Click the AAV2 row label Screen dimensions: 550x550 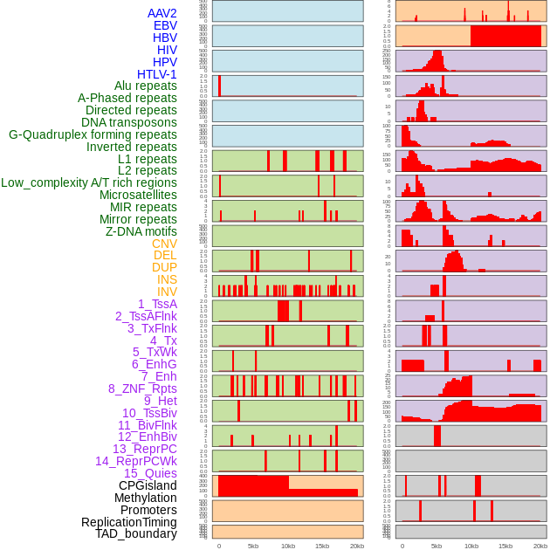(162, 13)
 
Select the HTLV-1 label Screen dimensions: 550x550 (156, 74)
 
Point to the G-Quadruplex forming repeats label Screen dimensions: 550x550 (93, 134)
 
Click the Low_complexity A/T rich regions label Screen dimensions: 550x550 (89, 182)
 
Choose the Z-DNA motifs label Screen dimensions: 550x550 (141, 231)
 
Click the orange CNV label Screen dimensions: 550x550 (164, 244)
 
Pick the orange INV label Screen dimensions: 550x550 (167, 292)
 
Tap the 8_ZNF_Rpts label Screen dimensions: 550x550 (142, 388)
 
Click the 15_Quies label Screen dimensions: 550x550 (150, 473)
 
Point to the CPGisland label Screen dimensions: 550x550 (148, 485)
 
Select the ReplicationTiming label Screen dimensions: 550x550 (128, 522)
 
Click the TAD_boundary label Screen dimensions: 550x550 (135, 533)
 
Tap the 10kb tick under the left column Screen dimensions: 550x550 (287, 547)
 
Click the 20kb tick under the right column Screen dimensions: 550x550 (540, 547)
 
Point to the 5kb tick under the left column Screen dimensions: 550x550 (253, 547)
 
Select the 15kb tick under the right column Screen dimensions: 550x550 (505, 547)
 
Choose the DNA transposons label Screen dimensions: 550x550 (129, 122)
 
